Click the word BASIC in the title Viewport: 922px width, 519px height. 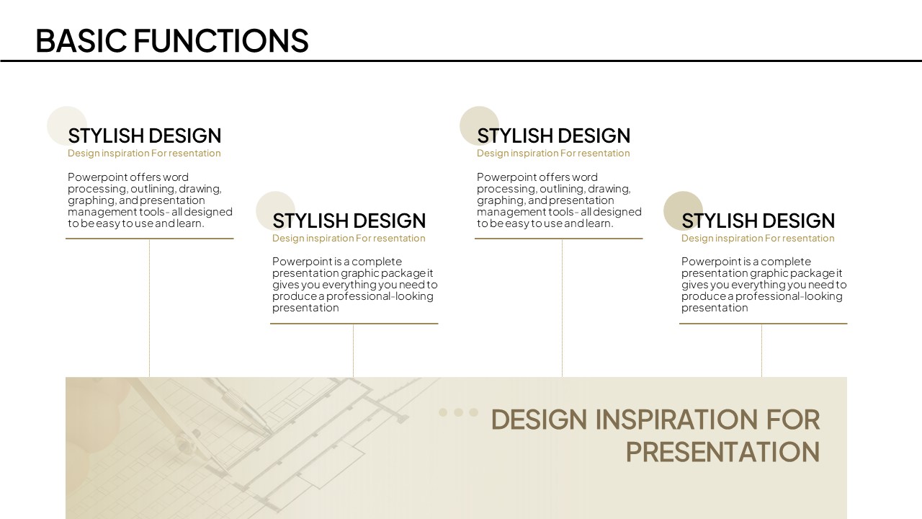click(x=81, y=40)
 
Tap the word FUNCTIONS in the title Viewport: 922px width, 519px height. click(x=221, y=40)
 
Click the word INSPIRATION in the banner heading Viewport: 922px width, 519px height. click(x=677, y=420)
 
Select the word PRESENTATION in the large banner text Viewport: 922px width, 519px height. click(x=722, y=452)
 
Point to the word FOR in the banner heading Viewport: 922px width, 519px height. click(x=793, y=420)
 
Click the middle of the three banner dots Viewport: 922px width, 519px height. click(x=459, y=412)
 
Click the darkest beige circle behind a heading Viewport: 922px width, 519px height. click(x=683, y=211)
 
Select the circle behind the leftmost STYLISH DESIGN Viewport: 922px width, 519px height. click(x=67, y=126)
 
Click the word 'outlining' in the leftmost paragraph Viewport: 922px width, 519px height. click(x=152, y=189)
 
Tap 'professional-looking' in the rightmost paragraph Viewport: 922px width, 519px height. click(x=789, y=296)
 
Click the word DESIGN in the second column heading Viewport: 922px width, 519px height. click(x=388, y=221)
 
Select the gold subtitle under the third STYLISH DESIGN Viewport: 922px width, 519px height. click(x=553, y=154)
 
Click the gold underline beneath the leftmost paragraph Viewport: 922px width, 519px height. click(x=149, y=239)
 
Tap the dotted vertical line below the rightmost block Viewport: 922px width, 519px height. click(x=761, y=350)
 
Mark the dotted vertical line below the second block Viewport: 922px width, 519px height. click(x=353, y=350)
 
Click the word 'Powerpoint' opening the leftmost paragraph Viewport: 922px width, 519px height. click(x=97, y=177)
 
